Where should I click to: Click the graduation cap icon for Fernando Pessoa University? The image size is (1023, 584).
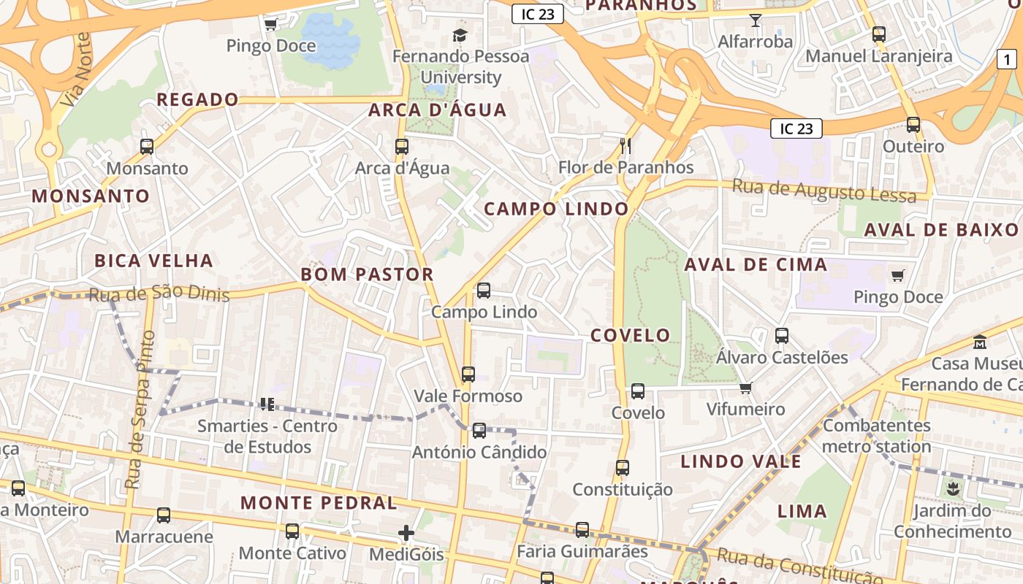460,35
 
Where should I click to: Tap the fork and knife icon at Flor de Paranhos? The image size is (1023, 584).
625,146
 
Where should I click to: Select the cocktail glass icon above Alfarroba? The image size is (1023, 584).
755,20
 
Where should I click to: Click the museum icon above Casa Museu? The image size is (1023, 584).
979,342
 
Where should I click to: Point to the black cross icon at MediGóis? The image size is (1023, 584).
406,533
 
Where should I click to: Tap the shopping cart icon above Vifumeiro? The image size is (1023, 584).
745,388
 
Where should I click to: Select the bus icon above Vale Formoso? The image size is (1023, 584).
468,374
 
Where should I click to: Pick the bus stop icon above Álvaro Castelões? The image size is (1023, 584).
781,336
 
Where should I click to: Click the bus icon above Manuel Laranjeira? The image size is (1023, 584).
878,34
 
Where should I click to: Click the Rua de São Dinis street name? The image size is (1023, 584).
159,295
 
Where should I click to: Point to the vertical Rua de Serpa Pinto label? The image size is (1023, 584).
139,410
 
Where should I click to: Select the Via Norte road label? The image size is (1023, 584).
77,69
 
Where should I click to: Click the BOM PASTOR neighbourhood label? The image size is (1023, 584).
368,274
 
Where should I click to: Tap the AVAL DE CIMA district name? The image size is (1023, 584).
756,264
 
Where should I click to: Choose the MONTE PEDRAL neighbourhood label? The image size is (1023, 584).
319,503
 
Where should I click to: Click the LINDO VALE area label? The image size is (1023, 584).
741,461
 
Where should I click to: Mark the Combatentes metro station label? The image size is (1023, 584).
877,436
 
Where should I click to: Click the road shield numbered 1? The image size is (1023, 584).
1007,58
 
